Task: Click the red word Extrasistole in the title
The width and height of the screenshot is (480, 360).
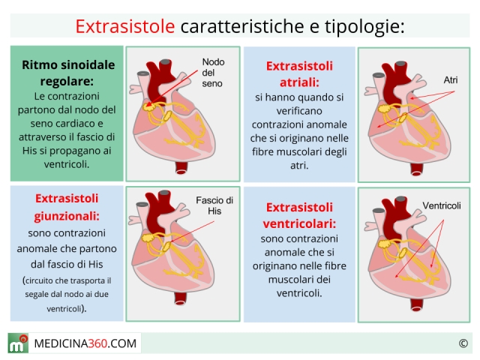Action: (x=125, y=26)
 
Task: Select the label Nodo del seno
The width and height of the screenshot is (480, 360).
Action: (x=213, y=73)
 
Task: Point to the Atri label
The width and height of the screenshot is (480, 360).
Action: (x=450, y=80)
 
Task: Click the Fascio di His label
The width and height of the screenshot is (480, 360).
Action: (x=214, y=205)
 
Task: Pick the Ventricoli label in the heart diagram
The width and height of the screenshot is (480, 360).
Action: (x=442, y=205)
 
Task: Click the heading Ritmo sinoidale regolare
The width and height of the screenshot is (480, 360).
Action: (x=68, y=73)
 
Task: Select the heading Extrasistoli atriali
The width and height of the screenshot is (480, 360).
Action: (x=299, y=74)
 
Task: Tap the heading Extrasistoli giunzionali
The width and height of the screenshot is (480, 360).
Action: (x=67, y=207)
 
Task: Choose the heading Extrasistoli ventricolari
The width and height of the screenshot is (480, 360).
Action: (x=299, y=216)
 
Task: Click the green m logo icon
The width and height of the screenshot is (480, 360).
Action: (x=18, y=343)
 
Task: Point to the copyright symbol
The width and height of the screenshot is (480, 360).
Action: (x=463, y=343)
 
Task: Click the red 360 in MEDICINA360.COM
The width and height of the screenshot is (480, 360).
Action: (x=97, y=343)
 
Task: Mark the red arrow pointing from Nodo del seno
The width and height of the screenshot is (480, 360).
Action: (x=172, y=88)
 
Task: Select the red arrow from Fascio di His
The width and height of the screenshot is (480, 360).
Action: (x=192, y=232)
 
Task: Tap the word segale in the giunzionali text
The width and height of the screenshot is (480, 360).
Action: (x=35, y=294)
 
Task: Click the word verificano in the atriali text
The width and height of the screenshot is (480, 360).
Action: (x=299, y=111)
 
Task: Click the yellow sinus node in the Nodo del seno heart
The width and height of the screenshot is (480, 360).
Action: (x=148, y=106)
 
